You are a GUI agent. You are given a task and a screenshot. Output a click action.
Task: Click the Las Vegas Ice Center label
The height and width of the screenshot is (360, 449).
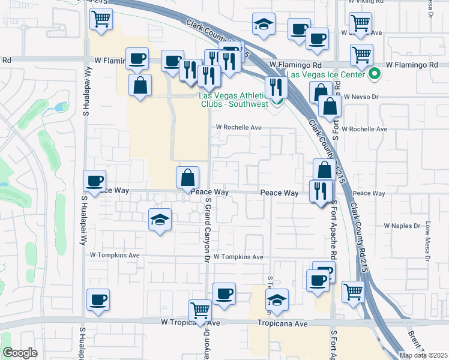pyautogui.click(x=325, y=74)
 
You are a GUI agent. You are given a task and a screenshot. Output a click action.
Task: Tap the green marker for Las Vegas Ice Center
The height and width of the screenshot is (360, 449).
pyautogui.click(x=375, y=74)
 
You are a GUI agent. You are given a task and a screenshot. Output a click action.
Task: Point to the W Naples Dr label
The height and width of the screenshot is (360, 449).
pyautogui.click(x=404, y=226)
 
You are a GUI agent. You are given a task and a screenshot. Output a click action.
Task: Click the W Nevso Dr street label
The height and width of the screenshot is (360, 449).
pyautogui.click(x=361, y=96)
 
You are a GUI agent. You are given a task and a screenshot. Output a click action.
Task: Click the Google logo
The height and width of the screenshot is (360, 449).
pyautogui.click(x=20, y=353)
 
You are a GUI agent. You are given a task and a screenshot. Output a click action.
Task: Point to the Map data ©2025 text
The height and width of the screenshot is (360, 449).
pyautogui.click(x=423, y=355)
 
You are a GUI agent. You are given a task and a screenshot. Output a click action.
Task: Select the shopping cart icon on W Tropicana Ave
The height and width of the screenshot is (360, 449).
pyautogui.click(x=200, y=310)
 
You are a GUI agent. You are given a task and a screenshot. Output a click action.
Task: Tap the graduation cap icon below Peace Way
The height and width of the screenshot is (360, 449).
pyautogui.click(x=160, y=220)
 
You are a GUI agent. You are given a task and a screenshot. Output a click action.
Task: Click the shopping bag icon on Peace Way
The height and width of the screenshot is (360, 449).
pyautogui.click(x=187, y=176)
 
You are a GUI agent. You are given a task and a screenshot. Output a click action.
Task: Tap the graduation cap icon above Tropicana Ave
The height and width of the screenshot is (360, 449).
pyautogui.click(x=277, y=300)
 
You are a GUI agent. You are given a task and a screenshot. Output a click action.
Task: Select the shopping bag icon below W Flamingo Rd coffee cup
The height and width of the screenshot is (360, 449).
pyautogui.click(x=140, y=85)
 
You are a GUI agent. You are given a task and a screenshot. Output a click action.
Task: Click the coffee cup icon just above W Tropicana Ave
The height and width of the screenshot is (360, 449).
pyautogui.click(x=224, y=293)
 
